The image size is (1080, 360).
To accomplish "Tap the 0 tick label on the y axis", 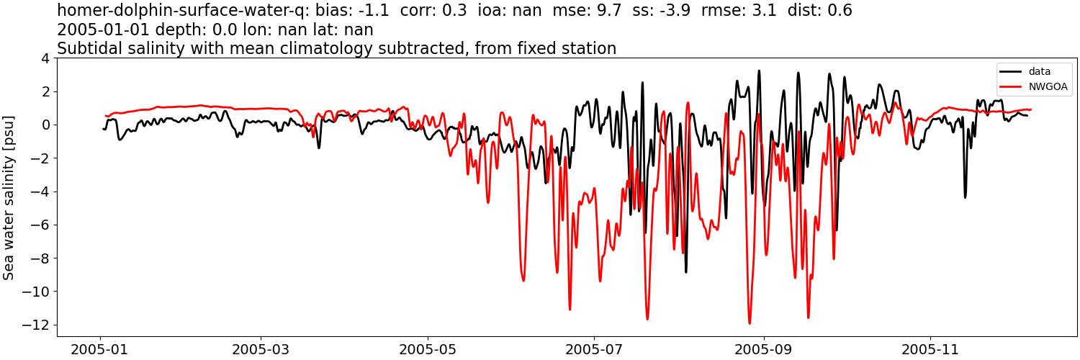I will (x=48, y=125).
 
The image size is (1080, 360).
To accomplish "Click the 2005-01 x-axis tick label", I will (x=100, y=350).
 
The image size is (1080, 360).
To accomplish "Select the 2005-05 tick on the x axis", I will (x=428, y=350).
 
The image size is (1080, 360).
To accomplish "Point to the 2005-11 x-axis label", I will (x=930, y=350).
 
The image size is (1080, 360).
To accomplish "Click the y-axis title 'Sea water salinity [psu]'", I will (x=9, y=197).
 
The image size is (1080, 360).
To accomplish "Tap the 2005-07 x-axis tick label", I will (x=595, y=350).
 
